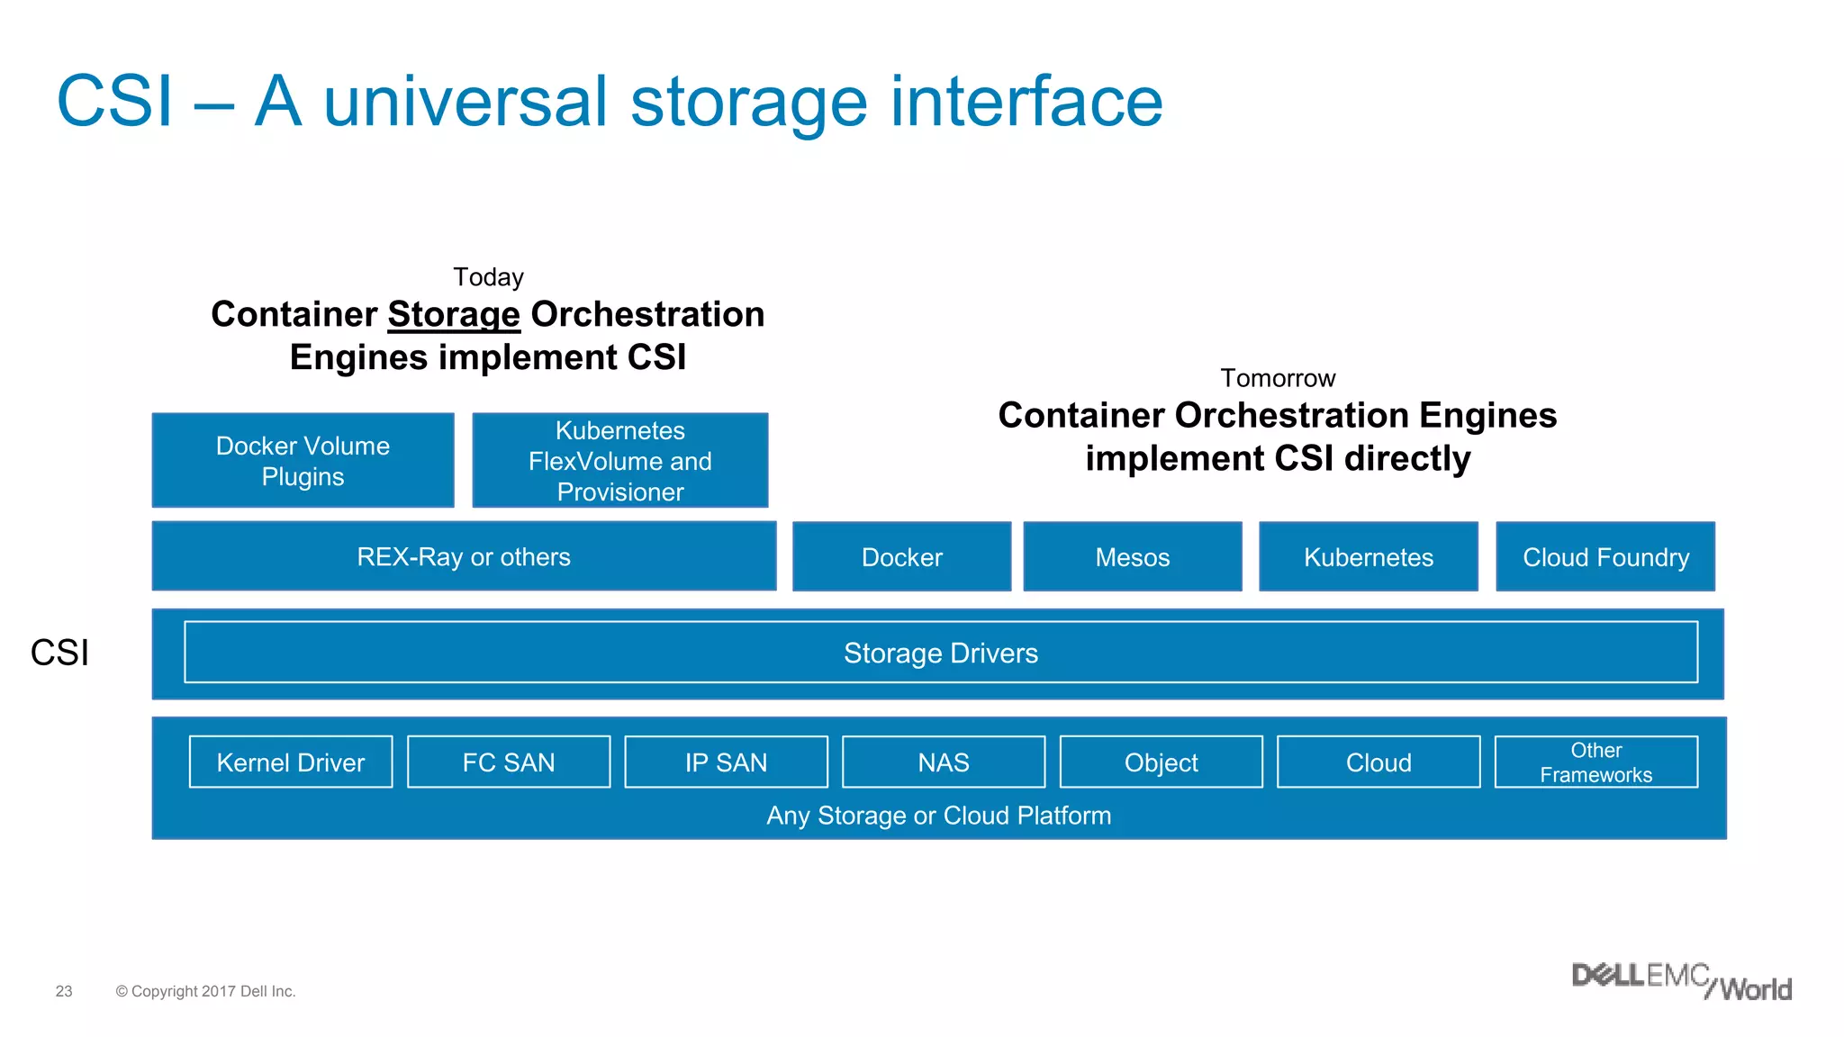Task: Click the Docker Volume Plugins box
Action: coord(303,460)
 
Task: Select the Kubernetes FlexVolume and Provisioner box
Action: coord(619,460)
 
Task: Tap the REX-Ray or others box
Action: coord(464,556)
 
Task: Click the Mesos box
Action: coord(1132,556)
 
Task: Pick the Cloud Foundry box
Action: coord(1604,556)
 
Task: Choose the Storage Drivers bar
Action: coord(940,653)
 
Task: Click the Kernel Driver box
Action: coord(290,762)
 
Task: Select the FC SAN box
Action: coord(508,762)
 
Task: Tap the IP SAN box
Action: coord(726,762)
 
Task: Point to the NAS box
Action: coord(943,762)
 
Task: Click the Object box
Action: coord(1161,762)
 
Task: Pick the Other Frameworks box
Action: coord(1595,762)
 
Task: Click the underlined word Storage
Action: coord(454,314)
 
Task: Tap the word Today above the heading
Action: coord(488,276)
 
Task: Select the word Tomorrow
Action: coord(1278,378)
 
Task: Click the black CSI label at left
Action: coord(59,653)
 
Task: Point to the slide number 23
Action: coord(64,991)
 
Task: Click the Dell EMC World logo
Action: coord(1681,981)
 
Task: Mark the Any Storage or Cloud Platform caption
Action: coord(938,816)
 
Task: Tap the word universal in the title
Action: coord(466,101)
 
